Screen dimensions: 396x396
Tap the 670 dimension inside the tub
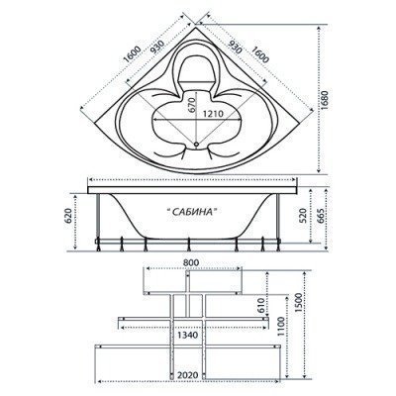coord(192,105)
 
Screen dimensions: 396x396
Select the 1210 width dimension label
coord(213,114)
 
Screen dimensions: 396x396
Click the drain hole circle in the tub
coord(196,144)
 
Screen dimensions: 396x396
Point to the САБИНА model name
coord(192,211)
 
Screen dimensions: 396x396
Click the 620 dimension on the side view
coord(67,216)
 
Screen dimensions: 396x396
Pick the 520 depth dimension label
coord(303,215)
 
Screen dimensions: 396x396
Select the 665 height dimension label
coord(319,215)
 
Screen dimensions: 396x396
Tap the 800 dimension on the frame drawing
coord(191,262)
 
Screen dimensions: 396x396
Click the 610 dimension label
coord(260,306)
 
